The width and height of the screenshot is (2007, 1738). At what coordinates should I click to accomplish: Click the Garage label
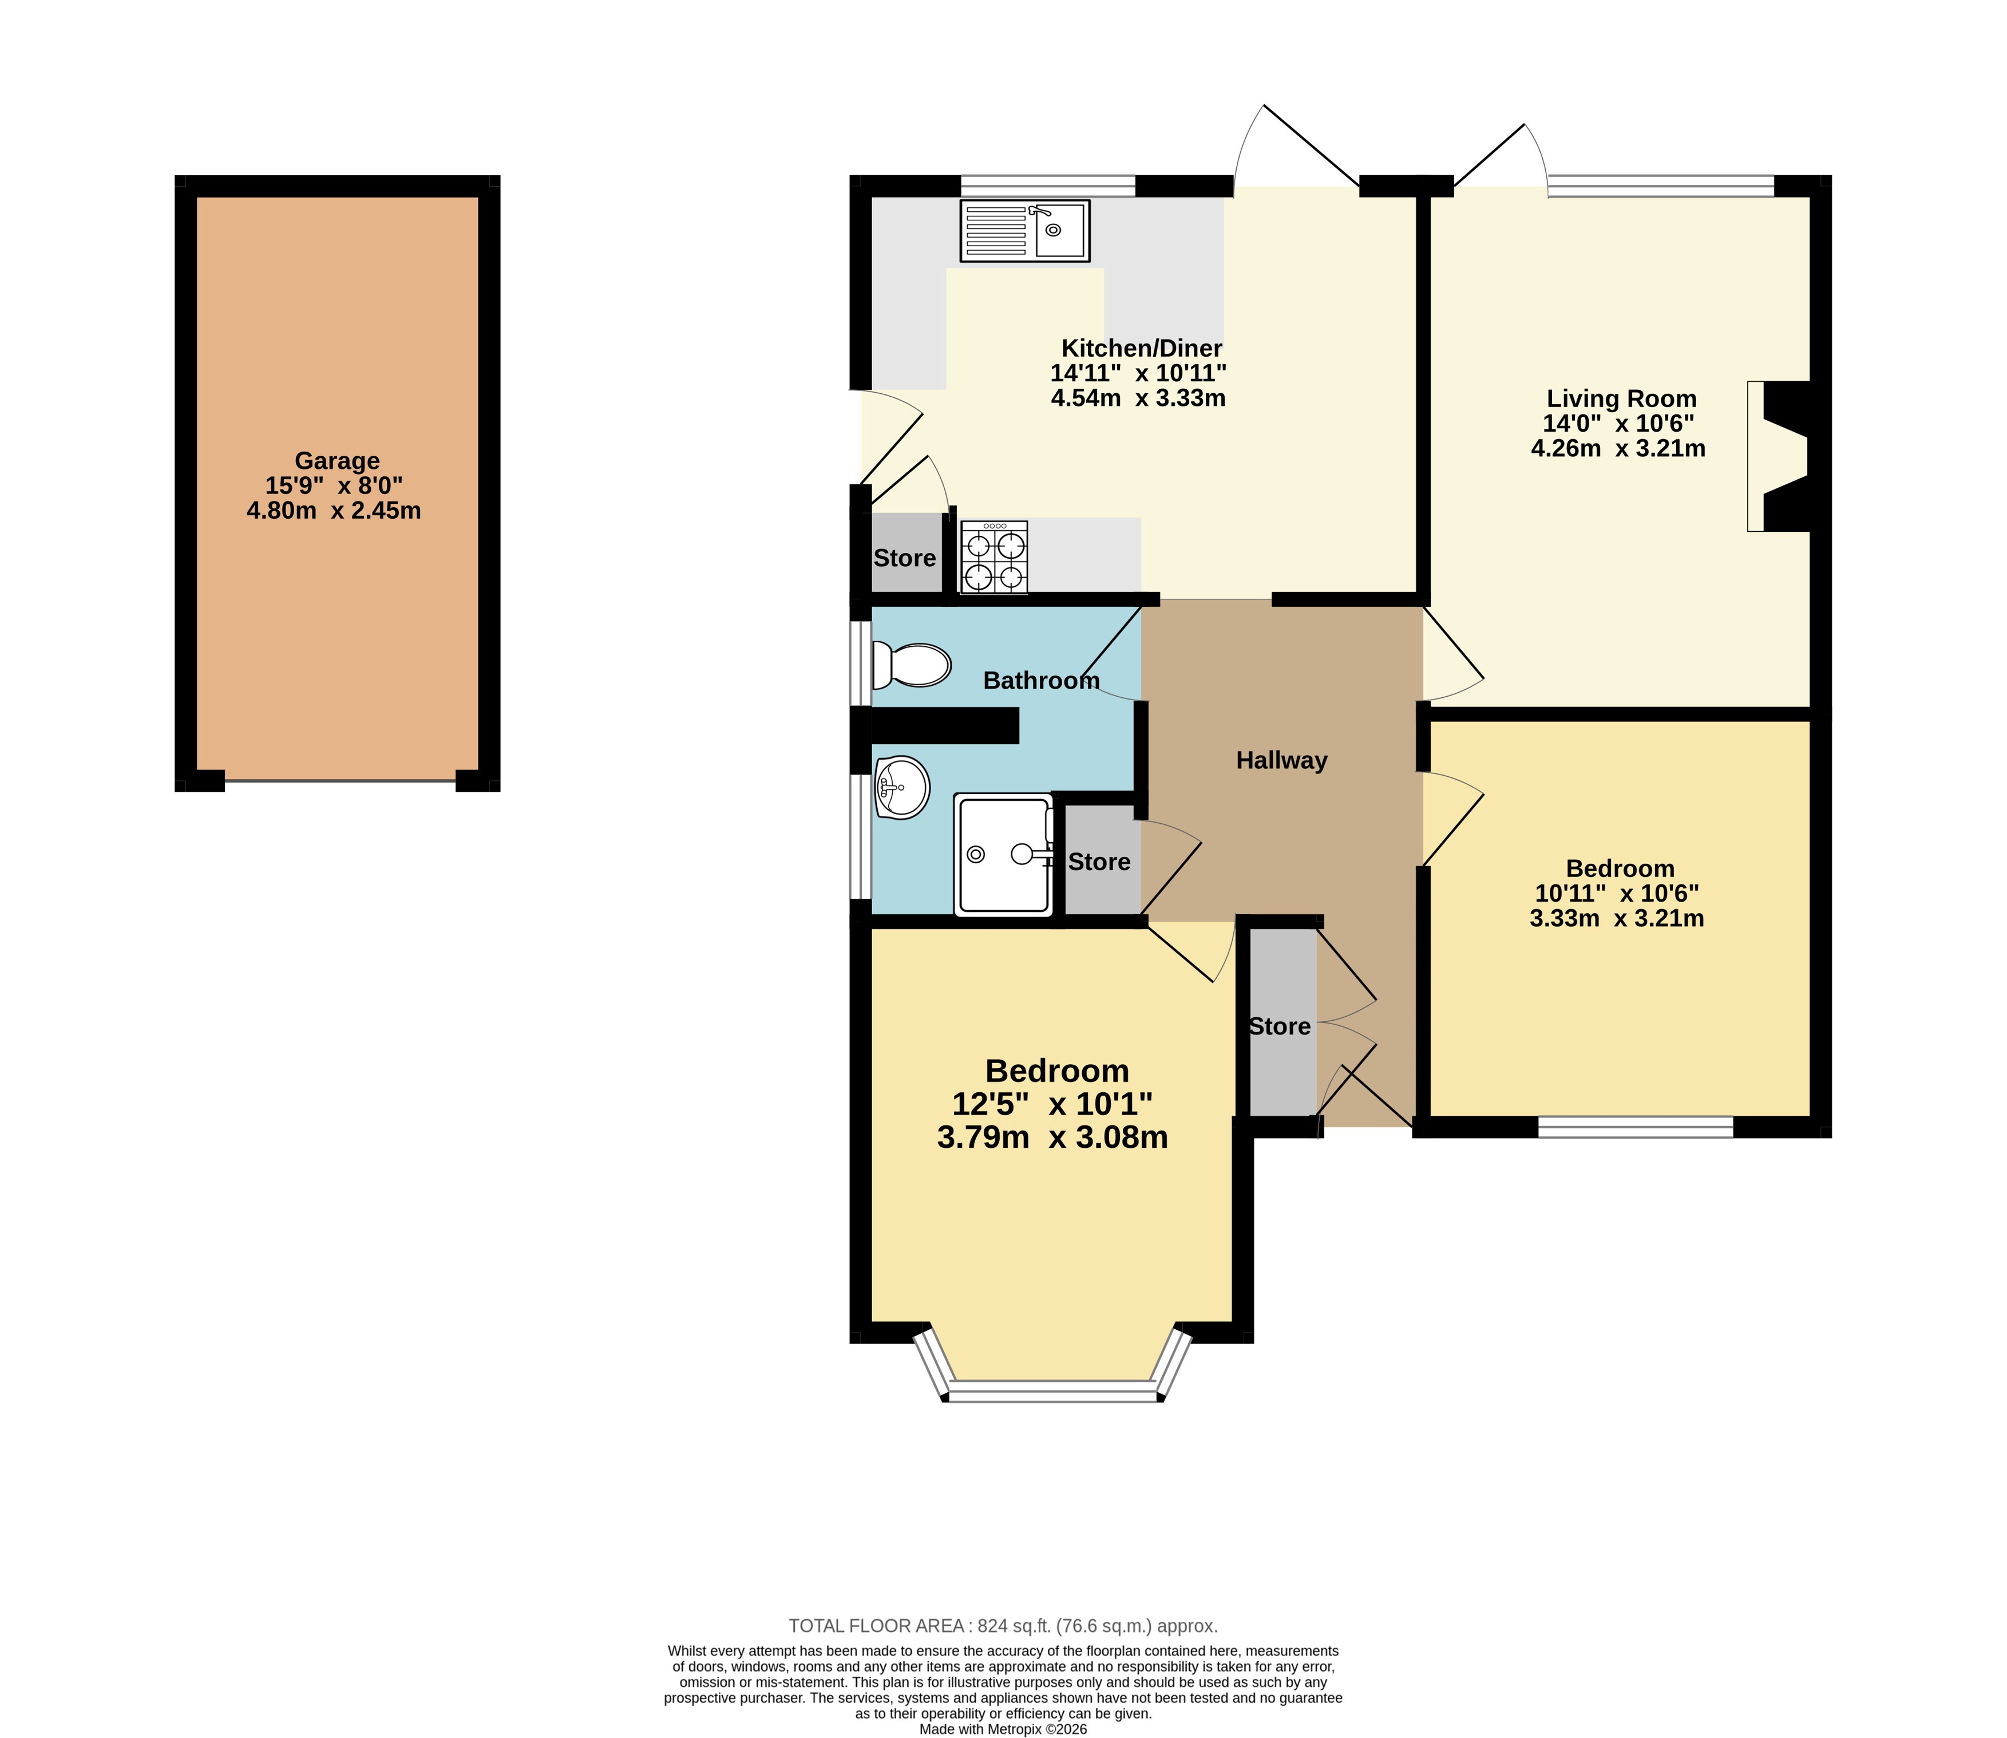[338, 461]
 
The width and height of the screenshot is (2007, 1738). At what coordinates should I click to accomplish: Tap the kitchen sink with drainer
[1025, 231]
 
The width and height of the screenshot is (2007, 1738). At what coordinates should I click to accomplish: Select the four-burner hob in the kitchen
[994, 556]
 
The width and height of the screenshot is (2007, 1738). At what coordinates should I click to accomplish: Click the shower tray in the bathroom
[1004, 855]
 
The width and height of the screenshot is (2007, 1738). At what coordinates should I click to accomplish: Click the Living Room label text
[1621, 398]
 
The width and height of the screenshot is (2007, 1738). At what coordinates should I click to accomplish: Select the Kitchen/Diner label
[1141, 348]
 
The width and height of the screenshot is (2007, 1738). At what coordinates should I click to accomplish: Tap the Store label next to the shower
[1099, 862]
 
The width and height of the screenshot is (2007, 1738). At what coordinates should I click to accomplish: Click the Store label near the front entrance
[1280, 1026]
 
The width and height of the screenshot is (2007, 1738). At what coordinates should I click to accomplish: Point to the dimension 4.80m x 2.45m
[334, 511]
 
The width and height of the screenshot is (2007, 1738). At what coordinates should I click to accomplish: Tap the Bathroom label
[1042, 681]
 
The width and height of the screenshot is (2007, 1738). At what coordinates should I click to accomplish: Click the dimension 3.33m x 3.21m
[1616, 918]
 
